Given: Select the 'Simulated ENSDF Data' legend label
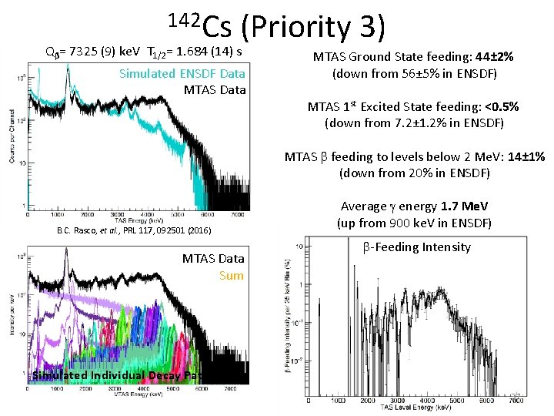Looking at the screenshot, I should tap(182, 73).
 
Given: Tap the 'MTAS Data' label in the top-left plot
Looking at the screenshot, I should tap(215, 89).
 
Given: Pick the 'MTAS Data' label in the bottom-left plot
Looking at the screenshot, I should tap(213, 258).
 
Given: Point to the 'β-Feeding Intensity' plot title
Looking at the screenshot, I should tap(415, 247).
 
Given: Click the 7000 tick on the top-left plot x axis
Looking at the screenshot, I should tap(240, 215).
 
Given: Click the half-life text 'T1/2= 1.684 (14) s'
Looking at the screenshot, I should tap(195, 52).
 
